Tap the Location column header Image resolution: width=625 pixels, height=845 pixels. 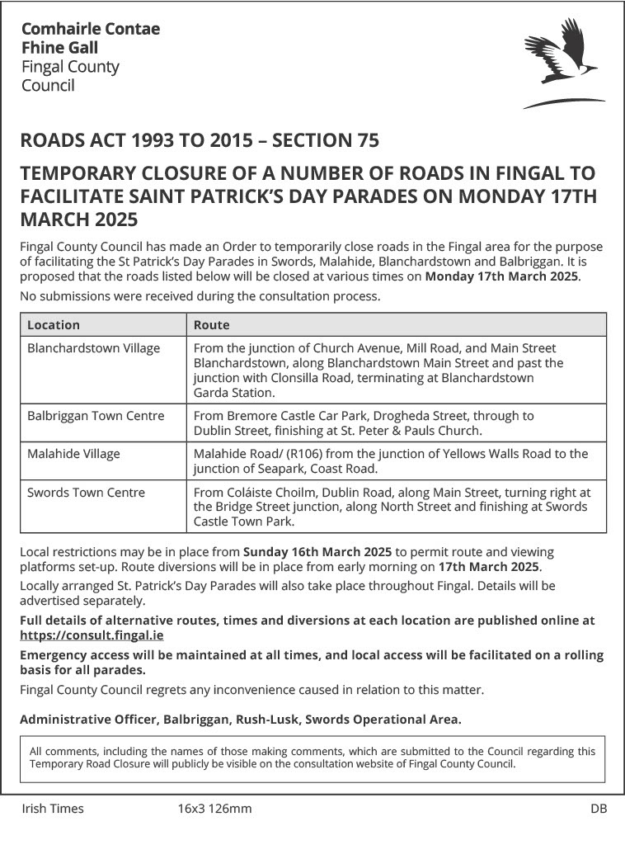coord(54,325)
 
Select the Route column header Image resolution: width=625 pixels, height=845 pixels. coord(211,325)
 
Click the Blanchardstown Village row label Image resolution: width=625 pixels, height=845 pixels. coord(93,348)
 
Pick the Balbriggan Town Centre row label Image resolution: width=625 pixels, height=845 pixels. coord(96,416)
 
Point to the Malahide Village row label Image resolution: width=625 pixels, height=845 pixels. coord(73,454)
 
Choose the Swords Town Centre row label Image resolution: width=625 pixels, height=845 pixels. coord(86,493)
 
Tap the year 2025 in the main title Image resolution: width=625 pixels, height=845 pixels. coord(105,220)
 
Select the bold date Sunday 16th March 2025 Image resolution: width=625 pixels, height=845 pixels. coord(317,551)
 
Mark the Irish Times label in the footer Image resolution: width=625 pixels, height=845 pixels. coord(53,809)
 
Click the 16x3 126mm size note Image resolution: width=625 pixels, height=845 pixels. coord(214,809)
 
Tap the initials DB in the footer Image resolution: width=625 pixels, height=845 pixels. coord(599,809)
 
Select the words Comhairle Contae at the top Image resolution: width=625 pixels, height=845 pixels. coord(91,30)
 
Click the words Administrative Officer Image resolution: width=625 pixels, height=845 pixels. coord(88,719)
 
